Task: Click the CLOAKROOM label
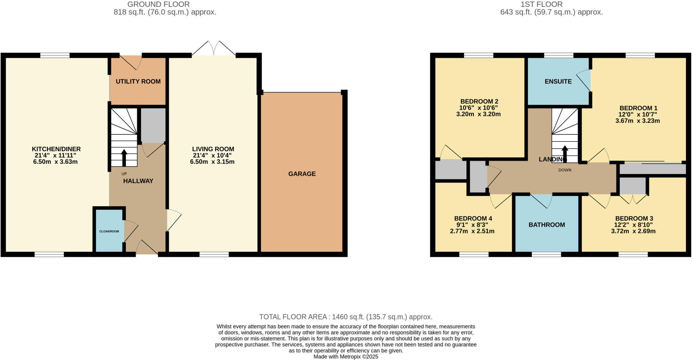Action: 109,231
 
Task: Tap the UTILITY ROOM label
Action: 138,82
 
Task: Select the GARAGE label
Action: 302,174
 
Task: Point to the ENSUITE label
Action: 558,82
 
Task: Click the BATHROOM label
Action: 546,225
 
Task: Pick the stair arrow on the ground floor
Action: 124,157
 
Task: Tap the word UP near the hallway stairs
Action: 124,174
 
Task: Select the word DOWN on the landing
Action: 565,170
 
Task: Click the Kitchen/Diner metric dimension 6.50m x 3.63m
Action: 55,162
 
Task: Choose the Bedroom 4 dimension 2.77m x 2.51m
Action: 472,231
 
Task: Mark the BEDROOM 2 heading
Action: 479,102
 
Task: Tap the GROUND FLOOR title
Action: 158,4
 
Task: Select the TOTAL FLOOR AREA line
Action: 346,317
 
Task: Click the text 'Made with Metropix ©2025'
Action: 346,357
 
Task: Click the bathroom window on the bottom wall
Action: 546,254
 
